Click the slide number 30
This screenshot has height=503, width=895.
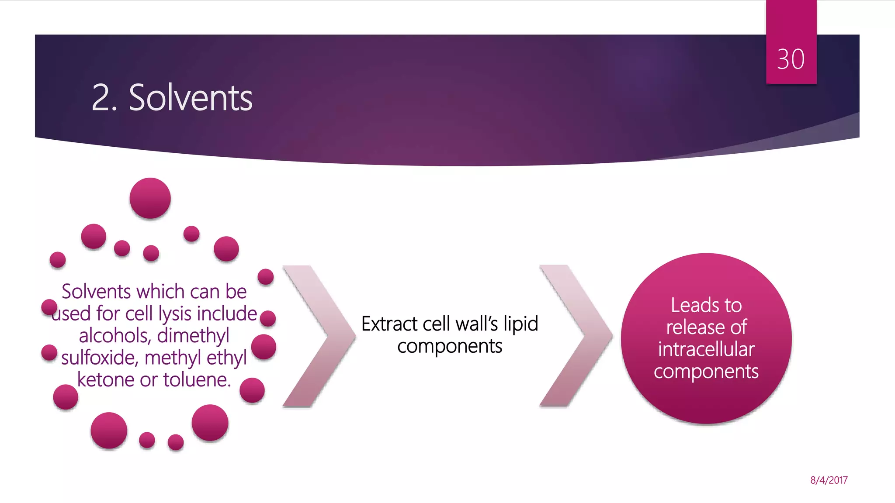pos(791,59)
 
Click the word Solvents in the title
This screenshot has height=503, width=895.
pos(191,98)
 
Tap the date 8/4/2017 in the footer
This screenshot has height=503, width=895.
pos(829,480)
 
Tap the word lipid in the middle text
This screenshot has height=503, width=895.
pos(520,324)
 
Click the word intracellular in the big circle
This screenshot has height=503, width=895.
pos(706,349)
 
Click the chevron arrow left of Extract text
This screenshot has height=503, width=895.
pos(320,336)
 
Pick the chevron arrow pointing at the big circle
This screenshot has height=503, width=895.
pos(577,336)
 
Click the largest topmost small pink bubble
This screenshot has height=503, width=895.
pos(150,198)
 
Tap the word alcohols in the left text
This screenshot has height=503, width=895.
pos(115,335)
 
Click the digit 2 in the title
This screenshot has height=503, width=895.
pos(101,98)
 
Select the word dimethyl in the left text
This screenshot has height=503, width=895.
pos(193,335)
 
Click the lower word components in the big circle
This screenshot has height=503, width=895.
pos(706,372)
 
